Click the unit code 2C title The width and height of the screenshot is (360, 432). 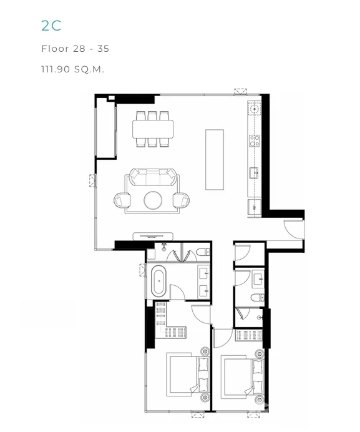pos(51,26)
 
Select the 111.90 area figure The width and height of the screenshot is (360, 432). pos(56,69)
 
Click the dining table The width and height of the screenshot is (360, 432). pos(153,129)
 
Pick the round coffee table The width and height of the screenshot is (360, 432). pos(153,200)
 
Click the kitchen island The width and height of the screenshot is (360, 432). pos(215,160)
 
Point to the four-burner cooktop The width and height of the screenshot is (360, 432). pos(255,140)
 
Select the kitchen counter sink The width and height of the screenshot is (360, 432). pos(254,173)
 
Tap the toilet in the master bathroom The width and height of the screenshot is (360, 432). pos(203,252)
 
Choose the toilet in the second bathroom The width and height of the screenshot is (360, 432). pos(258,298)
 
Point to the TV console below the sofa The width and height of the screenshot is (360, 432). pos(153,237)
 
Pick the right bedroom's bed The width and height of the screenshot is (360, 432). pos(242,376)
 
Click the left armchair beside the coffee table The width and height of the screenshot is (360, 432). pos(122,200)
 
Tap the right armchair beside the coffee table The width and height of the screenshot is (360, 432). pos(181,200)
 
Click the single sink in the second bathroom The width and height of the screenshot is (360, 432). pos(258,279)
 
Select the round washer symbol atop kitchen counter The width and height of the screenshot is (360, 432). pos(255,109)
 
